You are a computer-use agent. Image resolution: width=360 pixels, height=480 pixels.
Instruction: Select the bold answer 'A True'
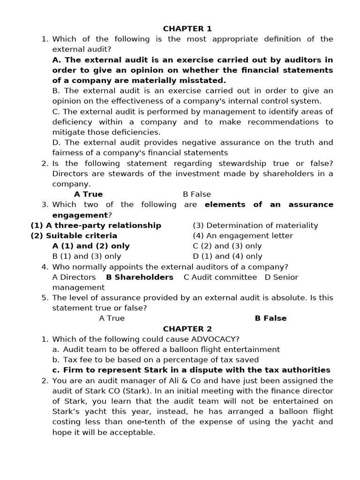[88, 194]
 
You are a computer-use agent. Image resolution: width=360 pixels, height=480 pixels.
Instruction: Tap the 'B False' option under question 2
[197, 194]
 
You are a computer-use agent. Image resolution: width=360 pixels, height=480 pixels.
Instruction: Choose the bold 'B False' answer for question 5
[270, 318]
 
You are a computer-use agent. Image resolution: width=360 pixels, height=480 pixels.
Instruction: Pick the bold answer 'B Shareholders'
[140, 277]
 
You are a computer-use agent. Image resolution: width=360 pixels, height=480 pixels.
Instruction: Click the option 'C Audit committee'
[220, 277]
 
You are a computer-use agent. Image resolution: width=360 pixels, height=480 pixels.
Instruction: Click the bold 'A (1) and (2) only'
[91, 246]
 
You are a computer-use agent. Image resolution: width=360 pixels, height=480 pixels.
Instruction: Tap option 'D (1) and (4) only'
[227, 256]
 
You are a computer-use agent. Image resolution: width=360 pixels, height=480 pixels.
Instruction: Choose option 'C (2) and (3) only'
[227, 246]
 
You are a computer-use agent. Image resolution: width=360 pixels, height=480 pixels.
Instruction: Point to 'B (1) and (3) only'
[87, 256]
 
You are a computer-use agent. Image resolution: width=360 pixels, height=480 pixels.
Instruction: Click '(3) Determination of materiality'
[255, 225]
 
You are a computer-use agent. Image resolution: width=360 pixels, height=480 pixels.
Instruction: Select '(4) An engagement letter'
[243, 236]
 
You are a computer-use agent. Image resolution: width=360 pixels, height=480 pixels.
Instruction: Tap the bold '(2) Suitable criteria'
[74, 236]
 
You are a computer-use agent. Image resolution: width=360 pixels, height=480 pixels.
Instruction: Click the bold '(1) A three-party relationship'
[96, 225]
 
